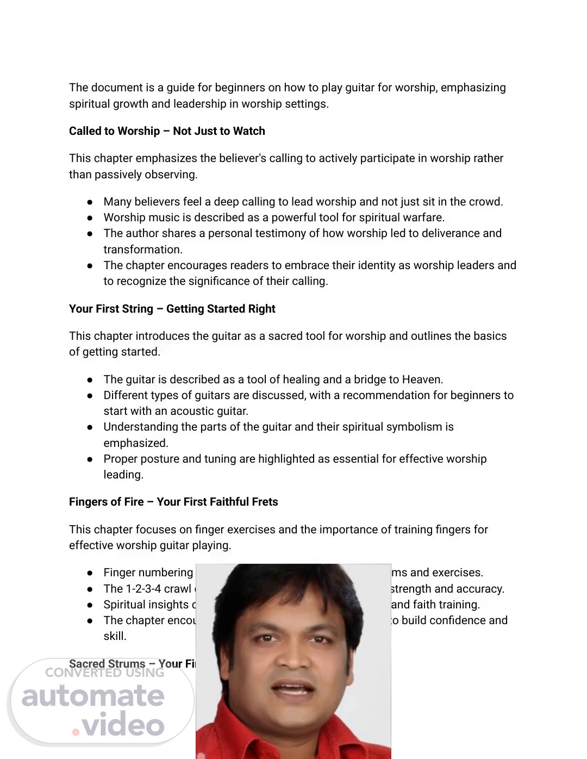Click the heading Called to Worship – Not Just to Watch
coord(167,131)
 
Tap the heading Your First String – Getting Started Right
coord(172,309)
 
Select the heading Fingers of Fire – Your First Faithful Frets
coord(173,502)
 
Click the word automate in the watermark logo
coord(93,696)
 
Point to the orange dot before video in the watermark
coord(76,732)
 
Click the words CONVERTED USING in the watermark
coord(104,673)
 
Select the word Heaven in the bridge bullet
coord(422,379)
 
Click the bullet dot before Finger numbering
coord(90,573)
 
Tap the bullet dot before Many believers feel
coord(90,202)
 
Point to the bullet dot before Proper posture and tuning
coord(90,459)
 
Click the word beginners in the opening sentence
coord(241,88)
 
